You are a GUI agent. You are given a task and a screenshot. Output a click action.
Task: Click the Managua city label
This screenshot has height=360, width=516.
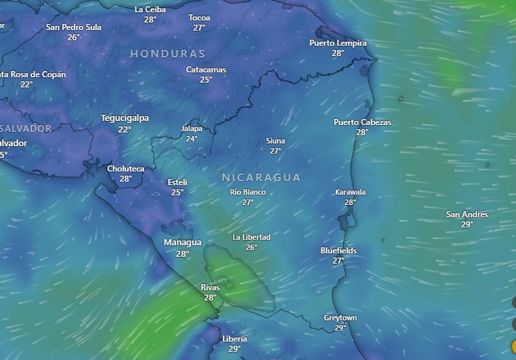pos(182,243)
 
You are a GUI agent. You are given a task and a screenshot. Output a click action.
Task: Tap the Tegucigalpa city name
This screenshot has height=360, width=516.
pos(124,118)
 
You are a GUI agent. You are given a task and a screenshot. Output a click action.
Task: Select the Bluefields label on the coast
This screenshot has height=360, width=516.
pos(338,251)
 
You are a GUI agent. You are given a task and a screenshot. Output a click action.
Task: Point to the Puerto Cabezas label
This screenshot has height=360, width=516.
pos(362,122)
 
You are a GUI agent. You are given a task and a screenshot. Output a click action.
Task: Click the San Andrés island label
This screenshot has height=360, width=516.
pos(467,214)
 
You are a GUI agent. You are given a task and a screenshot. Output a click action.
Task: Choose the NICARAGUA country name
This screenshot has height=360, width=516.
pos(261,178)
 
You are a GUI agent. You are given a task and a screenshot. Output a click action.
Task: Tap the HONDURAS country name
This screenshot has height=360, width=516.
pos(167,53)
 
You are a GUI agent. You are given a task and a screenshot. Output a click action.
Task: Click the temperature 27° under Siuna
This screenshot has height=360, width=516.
pos(275,151)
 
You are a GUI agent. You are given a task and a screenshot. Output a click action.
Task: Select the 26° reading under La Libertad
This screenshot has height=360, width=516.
pos(252,247)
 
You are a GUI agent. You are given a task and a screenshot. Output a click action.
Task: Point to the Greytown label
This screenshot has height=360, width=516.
pos(340,318)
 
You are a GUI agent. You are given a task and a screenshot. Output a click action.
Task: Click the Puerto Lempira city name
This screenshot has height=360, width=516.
pos(338,43)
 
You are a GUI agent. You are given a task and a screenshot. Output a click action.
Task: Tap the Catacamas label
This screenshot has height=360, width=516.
pos(206,70)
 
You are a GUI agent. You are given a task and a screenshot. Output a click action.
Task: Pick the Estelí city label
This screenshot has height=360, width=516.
pos(177,182)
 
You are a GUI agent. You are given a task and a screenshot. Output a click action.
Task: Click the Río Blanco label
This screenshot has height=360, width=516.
pos(247,192)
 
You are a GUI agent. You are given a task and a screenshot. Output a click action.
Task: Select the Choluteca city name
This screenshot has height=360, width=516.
pos(126,169)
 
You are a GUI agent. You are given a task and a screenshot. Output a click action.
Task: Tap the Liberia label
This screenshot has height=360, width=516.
pos(234,339)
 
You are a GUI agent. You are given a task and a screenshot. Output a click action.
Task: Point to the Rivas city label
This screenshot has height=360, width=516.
pos(210,288)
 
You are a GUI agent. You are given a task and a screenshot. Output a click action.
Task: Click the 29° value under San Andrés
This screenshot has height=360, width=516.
pos(467,225)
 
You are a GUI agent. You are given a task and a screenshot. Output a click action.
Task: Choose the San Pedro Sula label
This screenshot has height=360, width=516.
pos(73,27)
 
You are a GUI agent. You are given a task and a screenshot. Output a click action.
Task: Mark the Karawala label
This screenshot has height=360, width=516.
pos(350,192)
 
